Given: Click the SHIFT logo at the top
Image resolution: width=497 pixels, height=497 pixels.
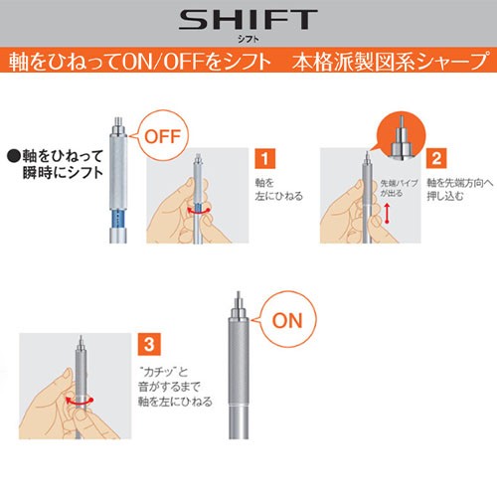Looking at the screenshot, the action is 248,20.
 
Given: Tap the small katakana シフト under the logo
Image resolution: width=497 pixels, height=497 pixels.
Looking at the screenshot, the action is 248,39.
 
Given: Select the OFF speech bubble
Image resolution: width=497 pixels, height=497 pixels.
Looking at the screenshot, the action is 162,136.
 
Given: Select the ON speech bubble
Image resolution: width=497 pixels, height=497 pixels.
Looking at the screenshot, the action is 286,320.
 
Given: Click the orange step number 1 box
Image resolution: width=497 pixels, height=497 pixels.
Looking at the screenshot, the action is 264,158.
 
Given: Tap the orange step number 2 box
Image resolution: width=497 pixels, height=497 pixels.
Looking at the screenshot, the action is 436,158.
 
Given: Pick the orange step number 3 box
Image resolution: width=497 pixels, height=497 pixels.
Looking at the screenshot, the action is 149,344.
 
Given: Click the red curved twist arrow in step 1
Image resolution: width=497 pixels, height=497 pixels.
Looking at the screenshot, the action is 198,211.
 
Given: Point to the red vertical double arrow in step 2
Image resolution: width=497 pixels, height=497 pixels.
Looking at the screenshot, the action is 387,214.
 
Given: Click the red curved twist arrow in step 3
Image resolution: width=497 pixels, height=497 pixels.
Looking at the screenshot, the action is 80,401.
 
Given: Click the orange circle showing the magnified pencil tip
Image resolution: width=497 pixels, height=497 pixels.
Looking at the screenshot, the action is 402,135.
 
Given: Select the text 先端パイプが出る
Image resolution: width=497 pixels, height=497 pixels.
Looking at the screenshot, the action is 399,188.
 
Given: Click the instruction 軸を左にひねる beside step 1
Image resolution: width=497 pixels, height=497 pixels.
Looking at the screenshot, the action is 278,189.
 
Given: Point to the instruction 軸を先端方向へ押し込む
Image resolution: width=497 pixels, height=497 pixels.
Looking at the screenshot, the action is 460,189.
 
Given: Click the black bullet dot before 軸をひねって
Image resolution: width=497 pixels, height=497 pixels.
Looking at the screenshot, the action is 14,156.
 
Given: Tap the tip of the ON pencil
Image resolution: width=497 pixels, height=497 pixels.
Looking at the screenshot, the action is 239,293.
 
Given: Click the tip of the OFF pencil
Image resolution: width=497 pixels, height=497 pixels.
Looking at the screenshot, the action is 118,118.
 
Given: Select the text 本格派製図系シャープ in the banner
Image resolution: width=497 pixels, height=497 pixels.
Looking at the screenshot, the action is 391,62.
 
